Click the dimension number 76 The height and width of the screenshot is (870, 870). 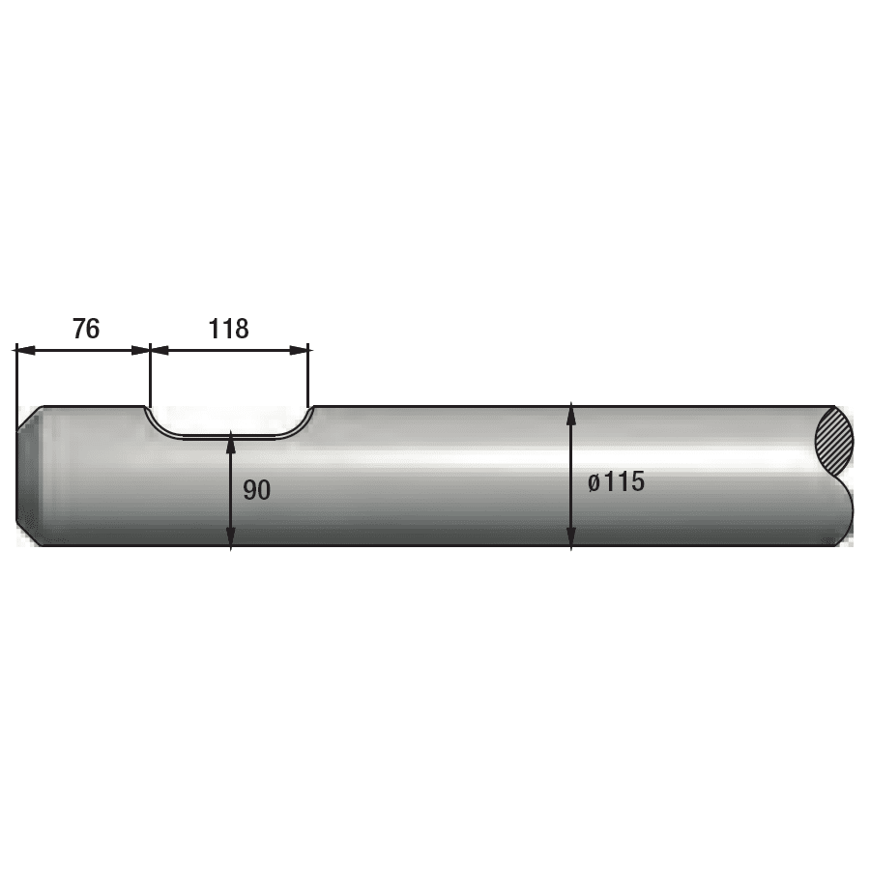86,329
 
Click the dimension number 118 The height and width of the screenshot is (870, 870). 228,329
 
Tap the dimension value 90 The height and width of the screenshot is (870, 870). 257,490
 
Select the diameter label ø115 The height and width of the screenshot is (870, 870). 617,481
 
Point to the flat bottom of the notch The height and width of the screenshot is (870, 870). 229,437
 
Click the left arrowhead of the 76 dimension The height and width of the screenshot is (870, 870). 25,350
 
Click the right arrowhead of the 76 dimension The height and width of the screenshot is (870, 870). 140,350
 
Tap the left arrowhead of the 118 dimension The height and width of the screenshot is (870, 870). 160,350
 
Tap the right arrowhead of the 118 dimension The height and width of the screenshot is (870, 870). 299,350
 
